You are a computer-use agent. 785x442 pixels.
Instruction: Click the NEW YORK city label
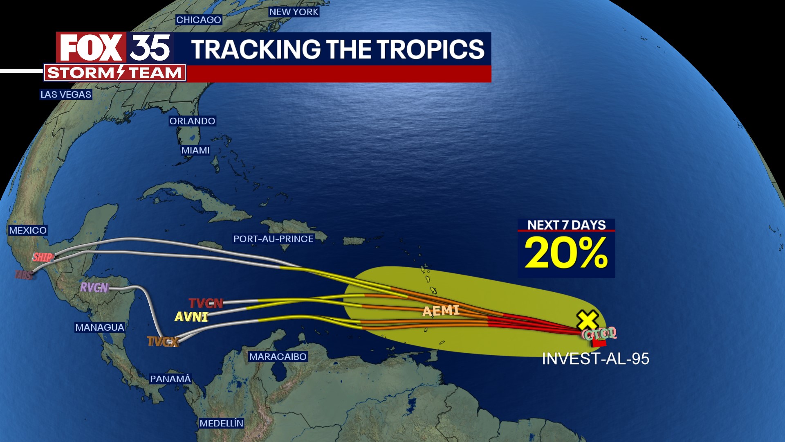tap(294, 12)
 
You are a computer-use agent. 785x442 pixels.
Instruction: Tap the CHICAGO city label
tap(199, 20)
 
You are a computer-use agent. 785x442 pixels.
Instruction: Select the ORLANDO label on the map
tap(192, 121)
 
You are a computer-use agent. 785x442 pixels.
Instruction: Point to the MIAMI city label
tap(195, 151)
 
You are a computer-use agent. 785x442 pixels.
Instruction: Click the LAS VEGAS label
tap(66, 95)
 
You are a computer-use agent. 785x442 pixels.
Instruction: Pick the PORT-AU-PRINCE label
tap(273, 239)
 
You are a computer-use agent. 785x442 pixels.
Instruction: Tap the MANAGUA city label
tap(100, 327)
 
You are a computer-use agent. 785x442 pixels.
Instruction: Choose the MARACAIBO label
tap(278, 357)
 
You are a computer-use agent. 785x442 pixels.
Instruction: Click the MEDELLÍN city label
tap(221, 424)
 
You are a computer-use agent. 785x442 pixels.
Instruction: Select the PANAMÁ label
tap(170, 379)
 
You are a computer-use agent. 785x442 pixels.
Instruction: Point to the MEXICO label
tap(28, 230)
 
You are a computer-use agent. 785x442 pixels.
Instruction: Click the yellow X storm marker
tap(587, 320)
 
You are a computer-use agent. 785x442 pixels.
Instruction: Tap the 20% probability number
tap(566, 253)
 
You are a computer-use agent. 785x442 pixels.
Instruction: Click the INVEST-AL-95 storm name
tap(595, 359)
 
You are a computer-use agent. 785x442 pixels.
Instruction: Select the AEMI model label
tap(441, 311)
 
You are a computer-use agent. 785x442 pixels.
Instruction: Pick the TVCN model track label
tap(206, 303)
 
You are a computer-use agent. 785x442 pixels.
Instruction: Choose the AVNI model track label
tap(191, 317)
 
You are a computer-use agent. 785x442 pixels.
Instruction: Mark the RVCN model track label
tap(94, 288)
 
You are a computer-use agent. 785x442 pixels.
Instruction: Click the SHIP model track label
tap(43, 257)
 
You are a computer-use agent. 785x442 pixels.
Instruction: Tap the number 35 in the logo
tap(150, 48)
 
